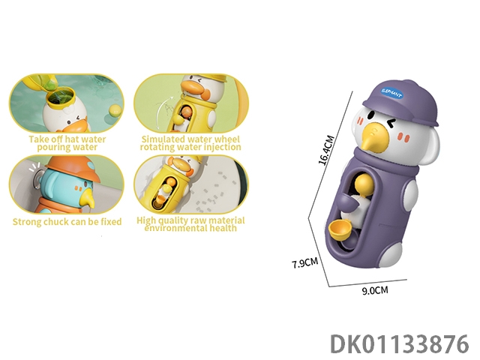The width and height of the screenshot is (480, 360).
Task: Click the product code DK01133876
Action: [400, 343]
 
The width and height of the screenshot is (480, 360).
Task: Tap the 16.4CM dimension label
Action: [326, 150]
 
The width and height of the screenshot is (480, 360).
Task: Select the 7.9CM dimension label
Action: [305, 262]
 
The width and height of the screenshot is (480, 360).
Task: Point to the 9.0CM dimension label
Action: [375, 290]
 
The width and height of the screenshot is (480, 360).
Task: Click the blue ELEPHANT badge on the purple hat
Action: [391, 92]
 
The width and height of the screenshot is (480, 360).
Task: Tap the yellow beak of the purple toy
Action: [372, 135]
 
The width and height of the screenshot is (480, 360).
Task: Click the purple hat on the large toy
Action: [400, 102]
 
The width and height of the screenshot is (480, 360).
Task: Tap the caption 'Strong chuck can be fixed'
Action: [67, 222]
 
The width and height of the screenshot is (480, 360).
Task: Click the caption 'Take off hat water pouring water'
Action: [67, 143]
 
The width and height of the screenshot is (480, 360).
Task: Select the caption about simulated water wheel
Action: [190, 143]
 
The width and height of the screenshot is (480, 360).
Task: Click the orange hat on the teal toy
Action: [73, 168]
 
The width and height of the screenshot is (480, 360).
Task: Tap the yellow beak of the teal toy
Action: [88, 198]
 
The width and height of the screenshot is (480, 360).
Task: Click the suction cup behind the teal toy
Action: [37, 178]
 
